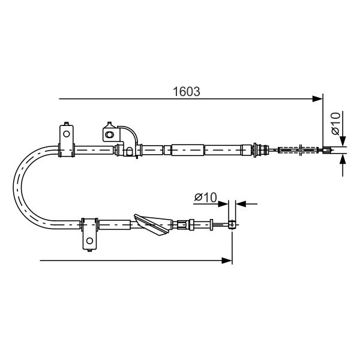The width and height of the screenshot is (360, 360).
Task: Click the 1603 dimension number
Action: coord(186,92)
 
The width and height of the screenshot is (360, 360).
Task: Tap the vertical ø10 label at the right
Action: coord(335,123)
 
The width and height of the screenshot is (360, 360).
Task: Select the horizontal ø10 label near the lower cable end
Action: coord(205,197)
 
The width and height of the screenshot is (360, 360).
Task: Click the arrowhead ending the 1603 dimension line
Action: coord(318,99)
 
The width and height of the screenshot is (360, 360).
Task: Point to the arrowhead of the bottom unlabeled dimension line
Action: coord(227,260)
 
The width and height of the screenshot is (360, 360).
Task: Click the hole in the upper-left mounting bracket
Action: coord(67,134)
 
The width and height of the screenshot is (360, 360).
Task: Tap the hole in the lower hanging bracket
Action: coord(89,241)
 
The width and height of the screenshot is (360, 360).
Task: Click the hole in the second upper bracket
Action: coord(109,134)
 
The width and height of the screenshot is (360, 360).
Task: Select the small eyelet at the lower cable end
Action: coord(232,224)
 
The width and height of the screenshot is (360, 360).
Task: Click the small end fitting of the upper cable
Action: coord(328,150)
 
